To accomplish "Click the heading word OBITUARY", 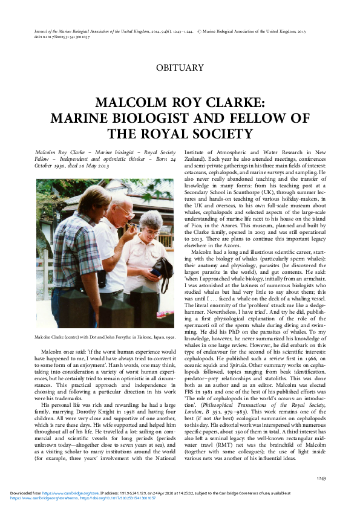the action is pos(180,68).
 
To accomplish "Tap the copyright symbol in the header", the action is pos(201,29).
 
